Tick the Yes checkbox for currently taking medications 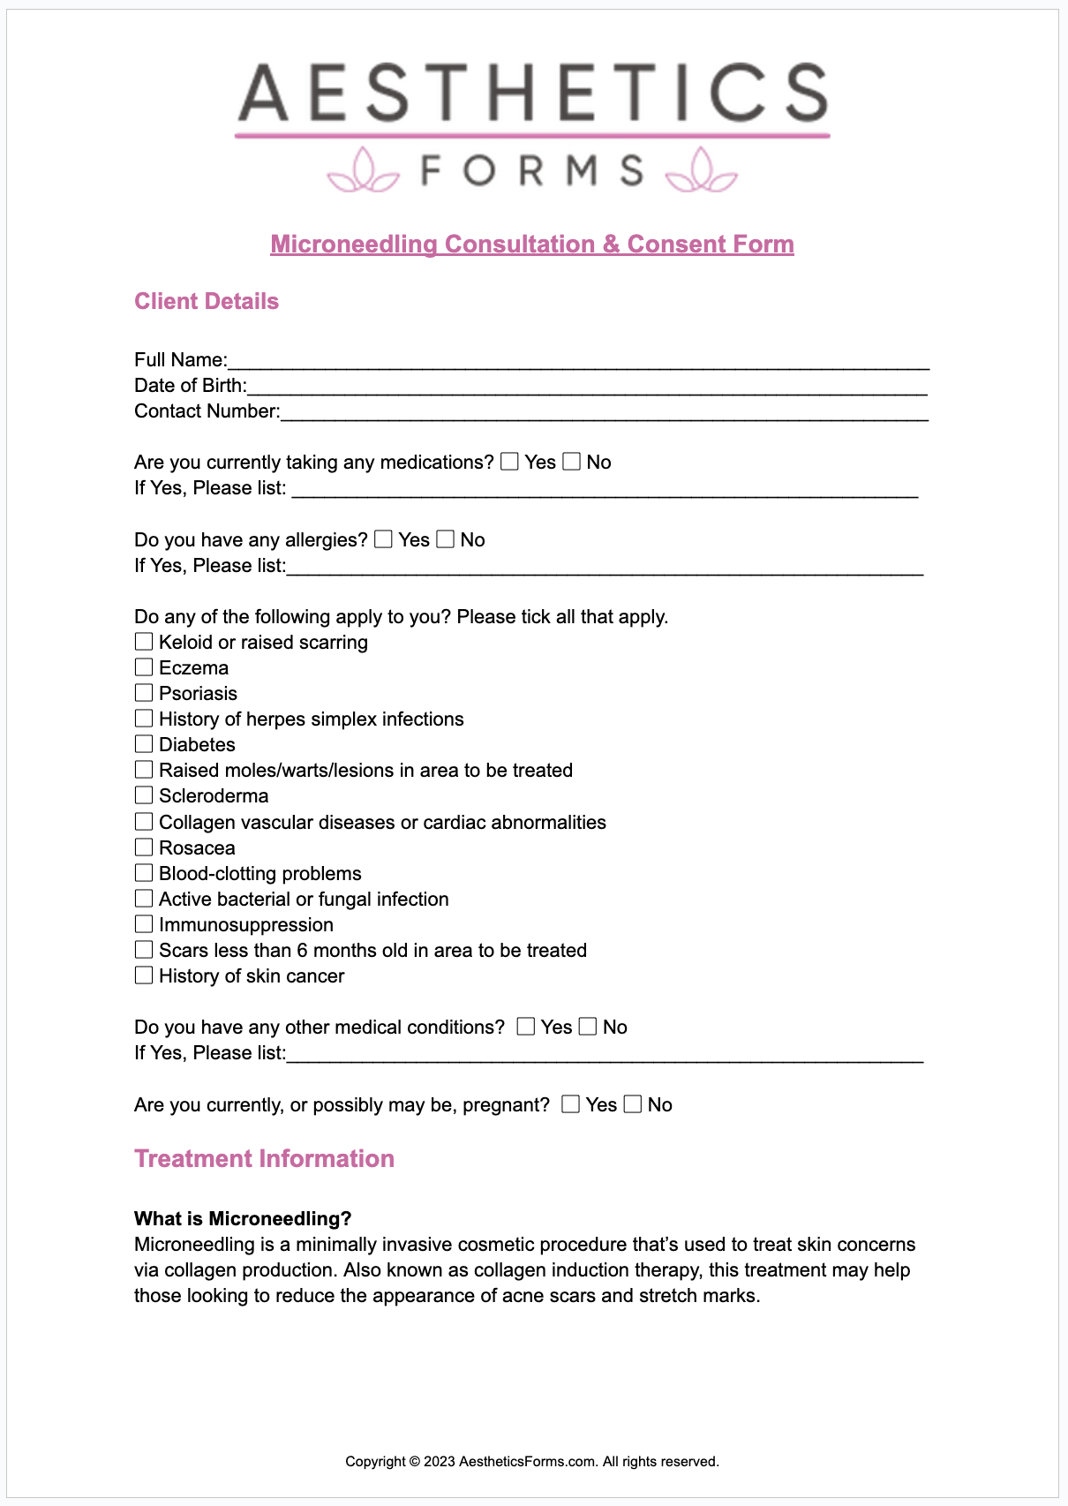509,462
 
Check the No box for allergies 446,539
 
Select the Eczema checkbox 144,667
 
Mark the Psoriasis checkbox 144,693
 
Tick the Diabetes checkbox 144,744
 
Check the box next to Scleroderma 144,795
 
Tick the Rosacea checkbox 144,847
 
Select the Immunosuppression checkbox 144,924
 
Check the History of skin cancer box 144,975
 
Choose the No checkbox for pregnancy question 633,1104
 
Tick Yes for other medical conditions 526,1027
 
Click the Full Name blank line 578,362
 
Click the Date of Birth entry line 587,388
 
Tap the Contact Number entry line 605,413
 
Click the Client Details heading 207,302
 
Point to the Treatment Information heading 264,1159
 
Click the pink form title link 532,245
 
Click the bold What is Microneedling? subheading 243,1219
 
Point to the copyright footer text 532,1462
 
